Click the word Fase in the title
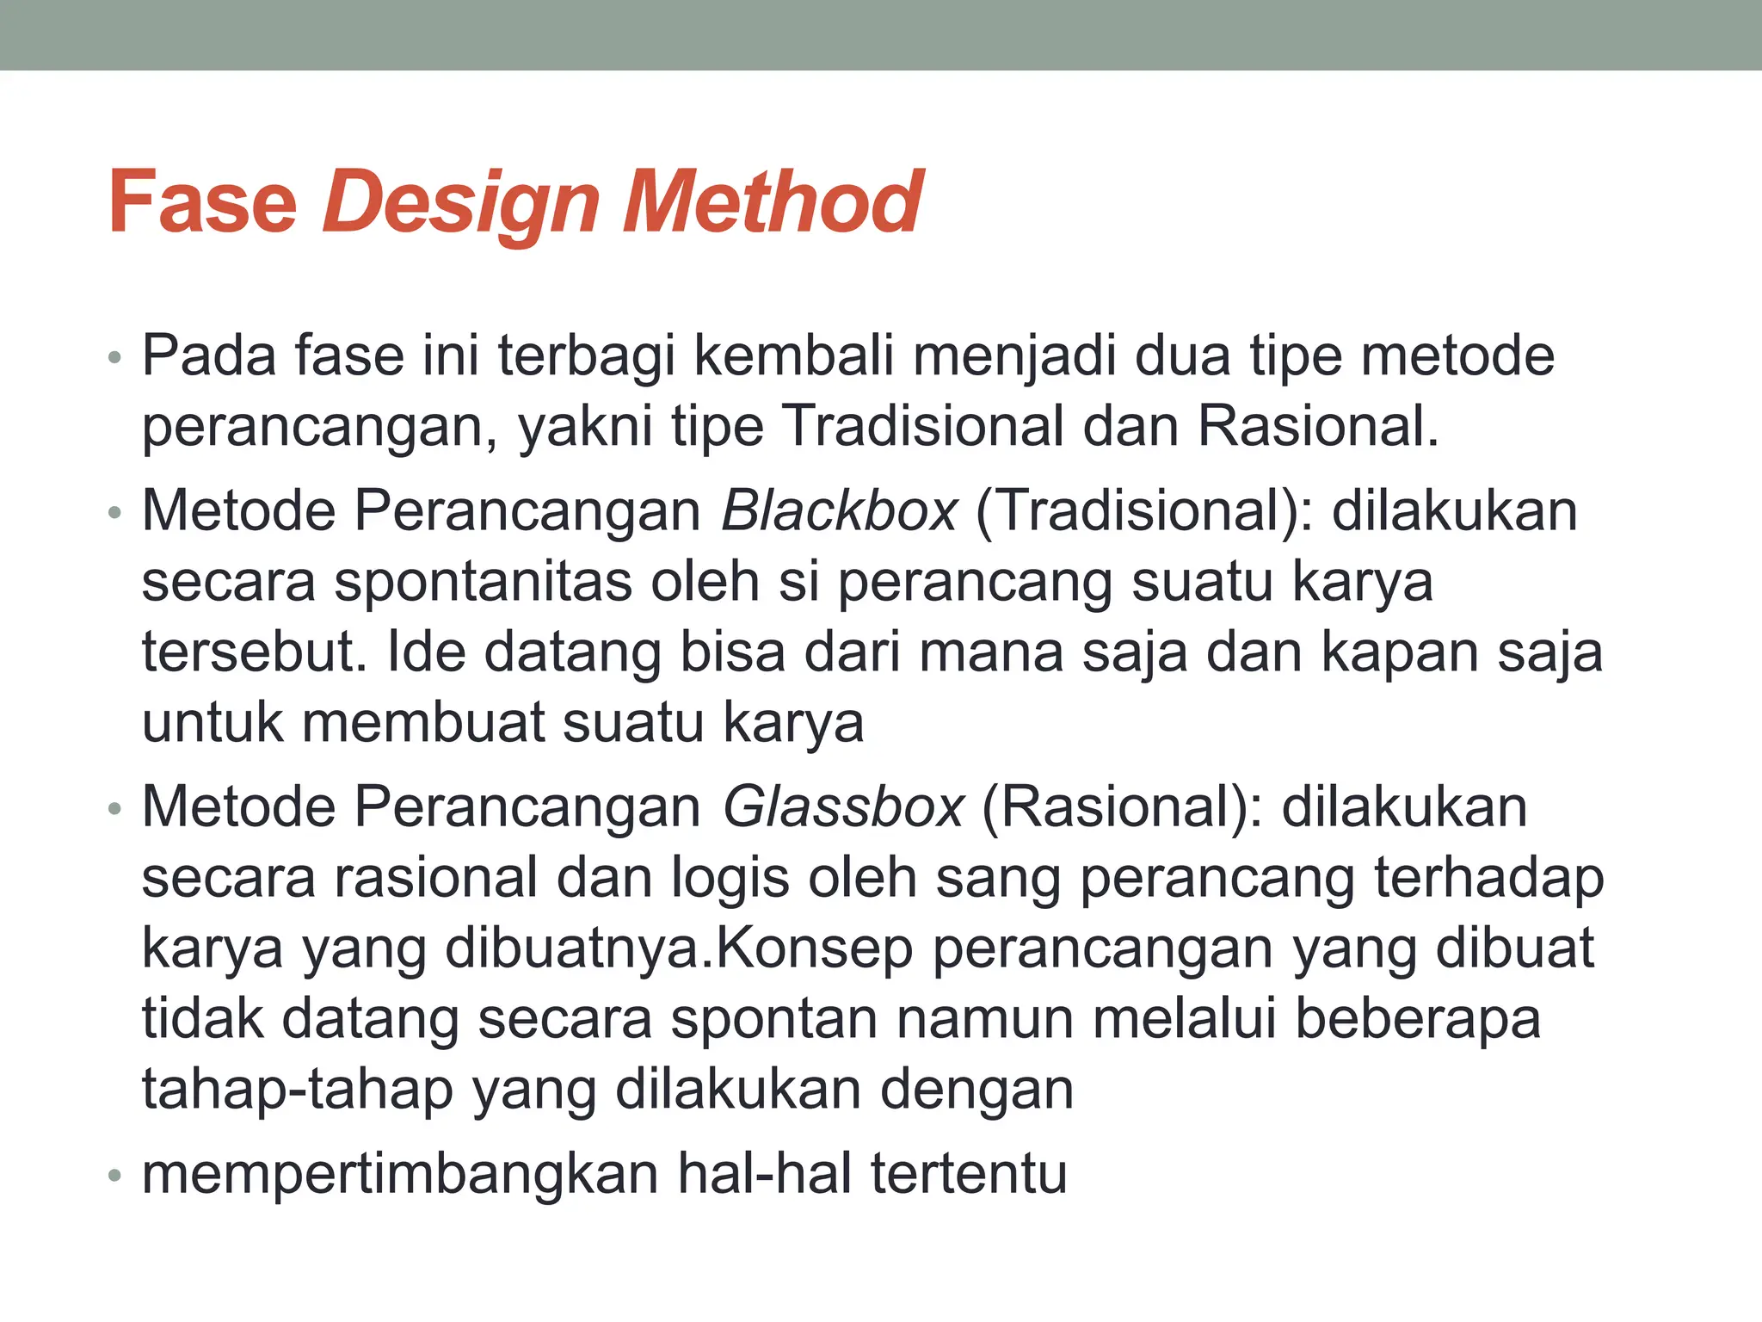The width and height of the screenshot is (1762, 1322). point(203,203)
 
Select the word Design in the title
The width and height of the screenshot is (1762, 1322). point(461,203)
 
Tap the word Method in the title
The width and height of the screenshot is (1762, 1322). point(771,203)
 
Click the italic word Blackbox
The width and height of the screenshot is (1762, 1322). point(839,510)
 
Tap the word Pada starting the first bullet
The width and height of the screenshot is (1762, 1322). point(209,355)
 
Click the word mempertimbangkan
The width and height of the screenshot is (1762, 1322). point(399,1173)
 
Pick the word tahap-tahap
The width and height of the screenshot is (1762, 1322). point(298,1089)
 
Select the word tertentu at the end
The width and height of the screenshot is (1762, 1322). point(969,1173)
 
